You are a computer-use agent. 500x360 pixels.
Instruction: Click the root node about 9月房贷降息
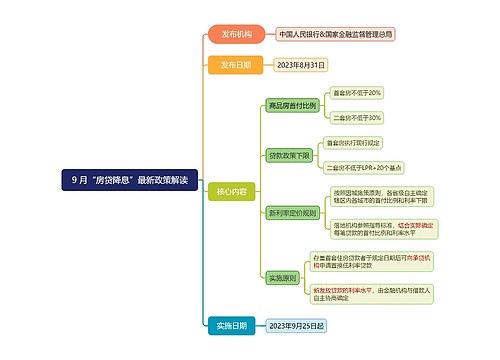coord(128,180)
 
